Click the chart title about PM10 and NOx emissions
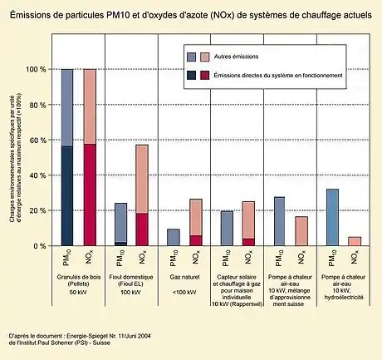190,16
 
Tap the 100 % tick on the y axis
37,70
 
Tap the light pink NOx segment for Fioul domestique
142,179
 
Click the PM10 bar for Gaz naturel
174,238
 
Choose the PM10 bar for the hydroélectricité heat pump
332,218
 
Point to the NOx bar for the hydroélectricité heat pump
355,241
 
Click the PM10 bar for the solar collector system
227,229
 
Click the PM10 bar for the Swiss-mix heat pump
279,222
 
